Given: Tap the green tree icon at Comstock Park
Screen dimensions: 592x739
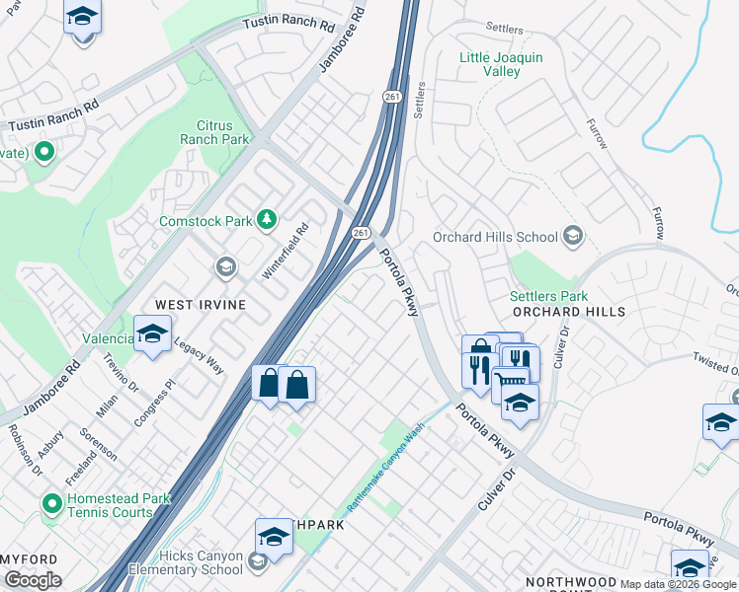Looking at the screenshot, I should click(266, 219).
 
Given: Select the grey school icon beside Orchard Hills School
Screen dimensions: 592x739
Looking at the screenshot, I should click(572, 237).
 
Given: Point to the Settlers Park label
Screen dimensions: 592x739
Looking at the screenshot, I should click(548, 296).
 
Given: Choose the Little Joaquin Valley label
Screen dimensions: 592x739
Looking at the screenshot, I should click(501, 65).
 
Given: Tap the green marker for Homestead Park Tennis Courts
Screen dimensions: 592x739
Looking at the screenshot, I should click(51, 505).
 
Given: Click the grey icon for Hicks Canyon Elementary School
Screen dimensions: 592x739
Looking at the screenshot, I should click(257, 562).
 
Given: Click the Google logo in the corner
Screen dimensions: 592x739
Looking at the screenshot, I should click(34, 580).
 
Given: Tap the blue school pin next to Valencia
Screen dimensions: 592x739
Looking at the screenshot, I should click(152, 334).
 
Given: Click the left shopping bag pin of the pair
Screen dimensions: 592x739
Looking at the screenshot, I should click(269, 383).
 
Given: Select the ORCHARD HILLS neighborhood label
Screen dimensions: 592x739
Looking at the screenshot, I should click(570, 312).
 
